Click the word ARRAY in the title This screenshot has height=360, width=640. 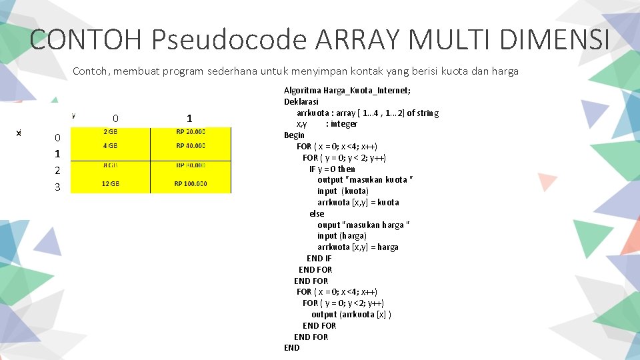[x=357, y=40]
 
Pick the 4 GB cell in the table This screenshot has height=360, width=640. [x=111, y=145]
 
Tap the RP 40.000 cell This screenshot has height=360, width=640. [x=191, y=145]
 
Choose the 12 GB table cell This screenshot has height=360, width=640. [x=111, y=183]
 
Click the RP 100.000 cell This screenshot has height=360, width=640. [x=191, y=183]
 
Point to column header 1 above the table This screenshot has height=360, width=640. [x=189, y=117]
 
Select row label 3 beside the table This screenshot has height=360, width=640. [x=57, y=187]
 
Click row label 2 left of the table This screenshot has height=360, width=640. [x=57, y=171]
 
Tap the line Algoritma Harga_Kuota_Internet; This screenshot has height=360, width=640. [x=347, y=91]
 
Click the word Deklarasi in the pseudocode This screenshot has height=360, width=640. [x=301, y=102]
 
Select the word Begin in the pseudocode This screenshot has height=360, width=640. [x=294, y=135]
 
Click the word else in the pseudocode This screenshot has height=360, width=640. [x=317, y=213]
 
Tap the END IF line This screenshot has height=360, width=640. [x=319, y=258]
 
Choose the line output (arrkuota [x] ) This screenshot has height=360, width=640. [x=351, y=314]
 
